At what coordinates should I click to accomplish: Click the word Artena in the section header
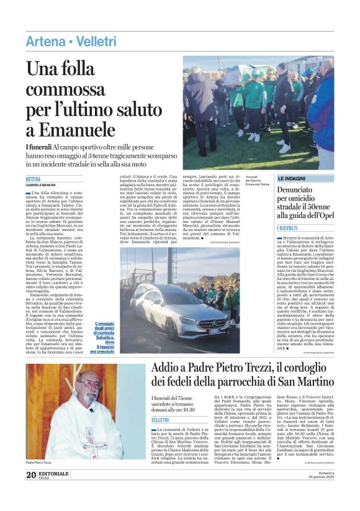point(45,42)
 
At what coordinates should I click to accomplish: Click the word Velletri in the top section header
point(96,42)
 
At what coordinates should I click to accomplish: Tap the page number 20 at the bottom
point(30,492)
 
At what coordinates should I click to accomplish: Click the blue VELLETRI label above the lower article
point(160,420)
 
